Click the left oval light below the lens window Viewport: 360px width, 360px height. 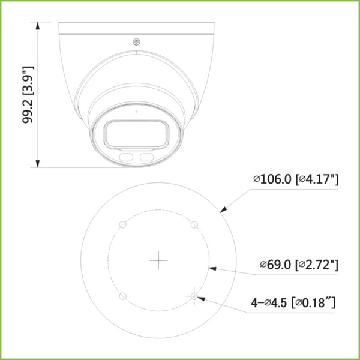tap(127, 157)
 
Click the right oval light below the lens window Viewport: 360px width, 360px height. tap(146, 157)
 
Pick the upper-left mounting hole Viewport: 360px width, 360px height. tap(122, 224)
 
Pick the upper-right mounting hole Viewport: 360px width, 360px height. tap(194, 224)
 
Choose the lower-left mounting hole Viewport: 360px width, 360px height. tap(122, 296)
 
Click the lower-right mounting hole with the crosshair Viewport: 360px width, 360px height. tap(194, 296)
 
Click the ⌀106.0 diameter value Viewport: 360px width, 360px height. tap(272, 179)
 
